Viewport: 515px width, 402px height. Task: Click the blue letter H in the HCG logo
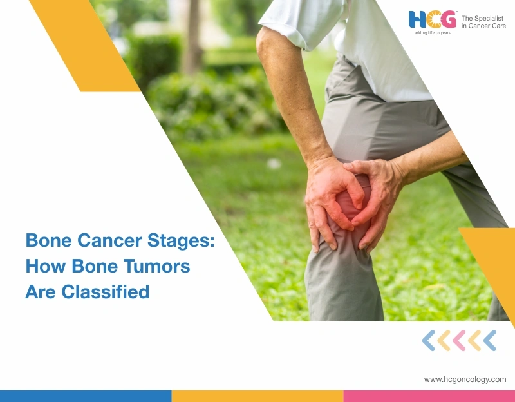[415, 20]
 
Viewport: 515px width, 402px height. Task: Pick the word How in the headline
[46, 266]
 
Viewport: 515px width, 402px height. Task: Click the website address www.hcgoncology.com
[465, 379]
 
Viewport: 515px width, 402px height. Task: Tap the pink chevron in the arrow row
[459, 340]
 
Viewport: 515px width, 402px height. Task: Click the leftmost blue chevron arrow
[428, 340]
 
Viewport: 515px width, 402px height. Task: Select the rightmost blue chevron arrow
[490, 340]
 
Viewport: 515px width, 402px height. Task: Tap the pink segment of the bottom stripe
[429, 396]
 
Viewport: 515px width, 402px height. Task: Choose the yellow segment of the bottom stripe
[257, 396]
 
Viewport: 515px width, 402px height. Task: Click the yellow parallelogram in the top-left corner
[84, 45]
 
